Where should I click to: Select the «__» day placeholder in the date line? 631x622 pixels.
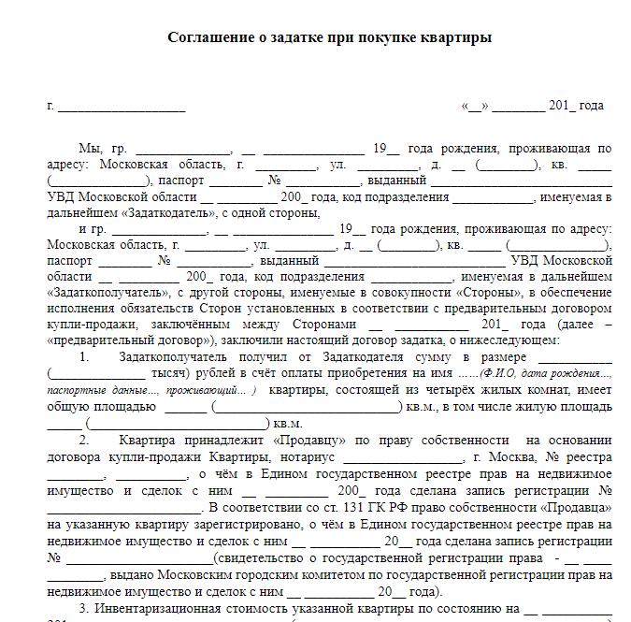coord(475,106)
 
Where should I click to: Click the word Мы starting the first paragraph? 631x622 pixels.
coord(90,149)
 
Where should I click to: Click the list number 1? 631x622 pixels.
coord(84,356)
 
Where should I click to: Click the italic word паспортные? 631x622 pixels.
coord(79,388)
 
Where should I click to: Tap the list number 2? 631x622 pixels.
coord(84,440)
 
